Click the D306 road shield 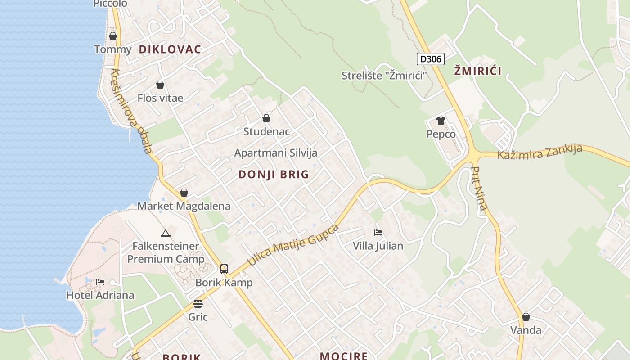pos(430,59)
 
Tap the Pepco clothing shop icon pos(441,121)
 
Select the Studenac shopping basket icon pos(266,118)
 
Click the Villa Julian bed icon pos(378,233)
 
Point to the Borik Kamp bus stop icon pos(224,269)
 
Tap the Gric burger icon pos(198,304)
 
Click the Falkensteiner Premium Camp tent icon pos(166,233)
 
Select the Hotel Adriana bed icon pos(100,282)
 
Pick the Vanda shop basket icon pos(526,317)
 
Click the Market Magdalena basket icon pos(184,193)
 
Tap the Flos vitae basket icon pos(160,85)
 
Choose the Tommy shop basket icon pos(113,36)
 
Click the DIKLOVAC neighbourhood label pos(170,49)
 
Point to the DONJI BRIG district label pos(274,175)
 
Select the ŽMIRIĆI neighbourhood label pos(477,71)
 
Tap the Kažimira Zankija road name pos(540,152)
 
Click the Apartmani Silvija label pos(276,153)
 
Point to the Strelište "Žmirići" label pos(384,76)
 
